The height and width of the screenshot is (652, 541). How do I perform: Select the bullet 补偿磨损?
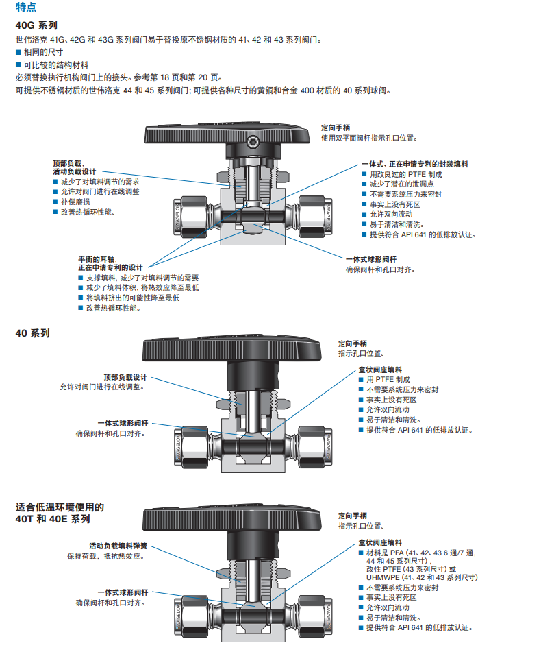coord(75,202)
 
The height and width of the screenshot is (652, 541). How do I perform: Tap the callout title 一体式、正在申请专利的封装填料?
coord(415,165)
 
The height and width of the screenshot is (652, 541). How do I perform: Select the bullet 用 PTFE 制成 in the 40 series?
coord(388,379)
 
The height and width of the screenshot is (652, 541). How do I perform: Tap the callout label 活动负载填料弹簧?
coord(118,546)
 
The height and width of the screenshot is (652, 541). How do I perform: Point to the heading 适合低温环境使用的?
coord(60,507)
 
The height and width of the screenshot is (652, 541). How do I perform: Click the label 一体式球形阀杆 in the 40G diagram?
coord(370,259)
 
